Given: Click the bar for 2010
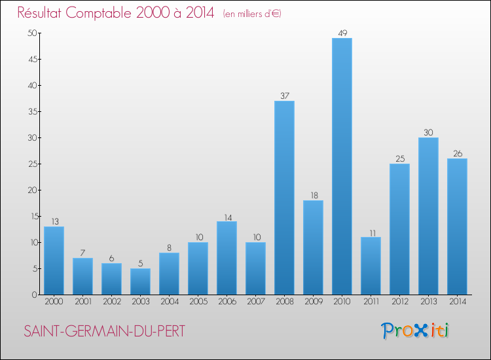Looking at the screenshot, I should [342, 166].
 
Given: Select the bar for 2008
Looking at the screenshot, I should [284, 198].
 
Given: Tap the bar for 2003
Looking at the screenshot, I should [140, 281].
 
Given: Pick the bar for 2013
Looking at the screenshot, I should [428, 216].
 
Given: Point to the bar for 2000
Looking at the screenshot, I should [54, 261].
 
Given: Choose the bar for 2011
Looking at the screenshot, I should [371, 266].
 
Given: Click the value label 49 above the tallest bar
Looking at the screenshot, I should [342, 33].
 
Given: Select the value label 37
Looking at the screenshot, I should [284, 96].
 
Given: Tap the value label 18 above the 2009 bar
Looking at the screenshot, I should [313, 196].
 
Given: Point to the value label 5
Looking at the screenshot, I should [140, 264].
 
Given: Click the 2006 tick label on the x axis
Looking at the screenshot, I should [227, 302].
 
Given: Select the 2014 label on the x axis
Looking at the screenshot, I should [457, 302].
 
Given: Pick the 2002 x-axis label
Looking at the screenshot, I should [111, 302].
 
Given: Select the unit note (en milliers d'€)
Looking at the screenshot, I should [252, 14].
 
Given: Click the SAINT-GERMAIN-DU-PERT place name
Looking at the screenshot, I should [105, 331].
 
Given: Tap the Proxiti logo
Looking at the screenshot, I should [416, 331].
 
